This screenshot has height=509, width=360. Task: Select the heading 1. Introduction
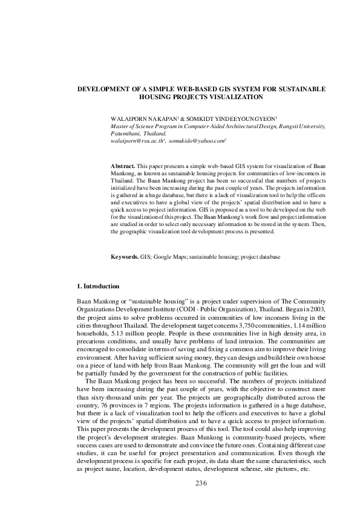(98, 286)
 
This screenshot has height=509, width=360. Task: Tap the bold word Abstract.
(123, 165)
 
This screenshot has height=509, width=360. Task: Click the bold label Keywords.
(124, 256)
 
